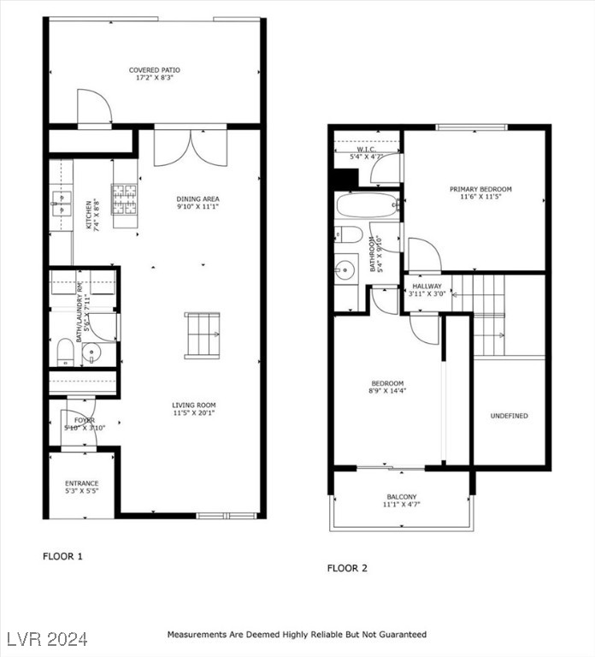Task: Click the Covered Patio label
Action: click(x=154, y=70)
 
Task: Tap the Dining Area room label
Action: click(x=198, y=198)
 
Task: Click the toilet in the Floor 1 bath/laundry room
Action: click(x=63, y=352)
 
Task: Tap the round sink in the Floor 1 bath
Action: click(x=92, y=354)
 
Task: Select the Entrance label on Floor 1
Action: click(x=82, y=483)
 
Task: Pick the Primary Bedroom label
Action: click(x=480, y=189)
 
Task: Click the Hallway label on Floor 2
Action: click(x=427, y=287)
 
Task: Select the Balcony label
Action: click(x=401, y=497)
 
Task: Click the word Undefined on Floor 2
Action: click(x=509, y=416)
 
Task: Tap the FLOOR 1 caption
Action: click(x=62, y=556)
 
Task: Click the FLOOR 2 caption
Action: click(x=347, y=568)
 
